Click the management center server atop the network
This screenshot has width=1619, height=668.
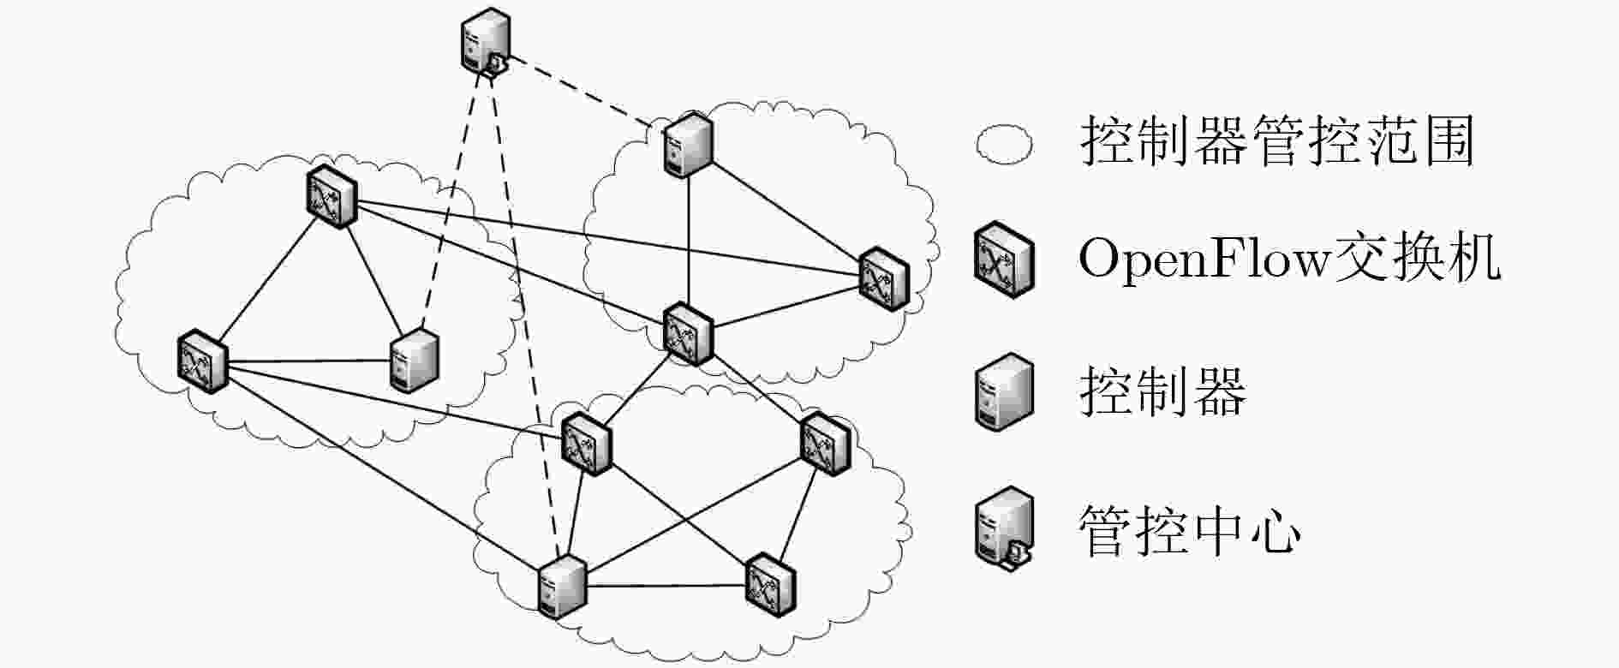pos(483,42)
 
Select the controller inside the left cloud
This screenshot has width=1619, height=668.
pos(415,361)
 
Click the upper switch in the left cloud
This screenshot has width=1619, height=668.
pos(332,196)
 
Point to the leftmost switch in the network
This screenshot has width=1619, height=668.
pos(203,361)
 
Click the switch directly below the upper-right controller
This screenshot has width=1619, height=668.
pos(688,332)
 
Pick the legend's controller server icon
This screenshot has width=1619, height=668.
pos(1004,391)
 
